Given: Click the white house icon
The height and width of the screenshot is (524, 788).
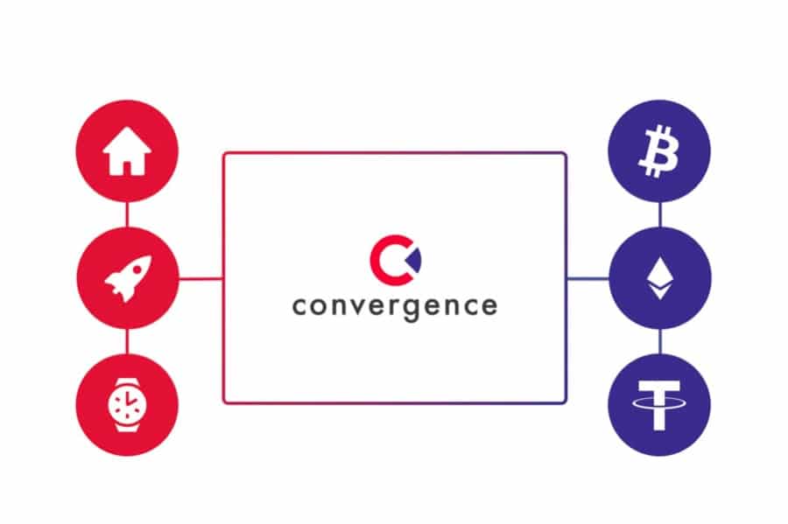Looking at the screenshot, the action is tap(127, 151).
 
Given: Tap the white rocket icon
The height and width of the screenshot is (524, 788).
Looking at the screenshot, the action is tap(128, 278).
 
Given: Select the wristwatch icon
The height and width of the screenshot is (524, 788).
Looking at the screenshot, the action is tap(127, 405).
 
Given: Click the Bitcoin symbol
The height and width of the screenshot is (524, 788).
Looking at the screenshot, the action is tap(658, 151).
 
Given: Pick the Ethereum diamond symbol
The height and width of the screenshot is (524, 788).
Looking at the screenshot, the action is tap(660, 278).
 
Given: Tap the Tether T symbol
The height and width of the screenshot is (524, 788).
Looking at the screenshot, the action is tap(658, 405).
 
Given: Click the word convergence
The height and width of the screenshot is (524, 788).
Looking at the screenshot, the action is tap(395, 306).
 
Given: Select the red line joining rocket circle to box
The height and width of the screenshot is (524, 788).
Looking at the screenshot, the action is tap(201, 278).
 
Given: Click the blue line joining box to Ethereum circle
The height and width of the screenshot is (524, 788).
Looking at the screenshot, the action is tap(588, 278).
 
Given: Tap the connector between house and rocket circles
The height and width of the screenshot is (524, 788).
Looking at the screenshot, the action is tap(127, 214).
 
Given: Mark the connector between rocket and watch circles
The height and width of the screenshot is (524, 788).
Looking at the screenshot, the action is tap(127, 341).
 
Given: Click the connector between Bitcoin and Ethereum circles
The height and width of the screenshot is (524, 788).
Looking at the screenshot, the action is tap(659, 214).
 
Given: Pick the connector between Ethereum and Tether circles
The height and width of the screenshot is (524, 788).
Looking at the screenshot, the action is tap(659, 341).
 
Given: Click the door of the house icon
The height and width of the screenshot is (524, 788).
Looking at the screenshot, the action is tap(127, 168).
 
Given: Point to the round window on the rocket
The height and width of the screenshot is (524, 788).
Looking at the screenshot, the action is tap(137, 270).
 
